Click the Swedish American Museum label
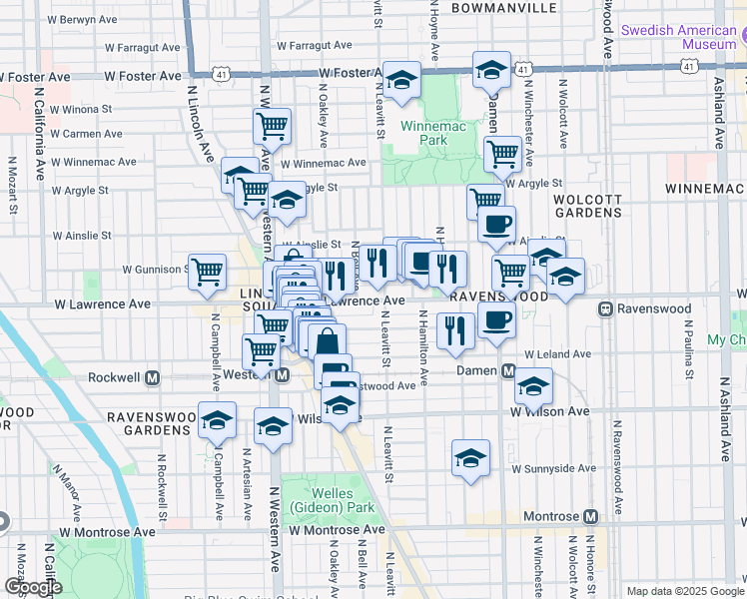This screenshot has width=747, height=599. (678, 37)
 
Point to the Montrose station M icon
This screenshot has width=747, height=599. (590, 517)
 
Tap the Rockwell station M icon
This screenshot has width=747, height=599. (153, 378)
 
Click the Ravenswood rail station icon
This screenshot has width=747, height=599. (605, 308)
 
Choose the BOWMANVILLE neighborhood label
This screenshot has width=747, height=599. (503, 8)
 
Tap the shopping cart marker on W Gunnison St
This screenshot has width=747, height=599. (208, 272)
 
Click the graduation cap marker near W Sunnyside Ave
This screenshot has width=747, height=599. (470, 458)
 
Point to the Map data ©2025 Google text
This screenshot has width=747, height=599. (684, 591)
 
